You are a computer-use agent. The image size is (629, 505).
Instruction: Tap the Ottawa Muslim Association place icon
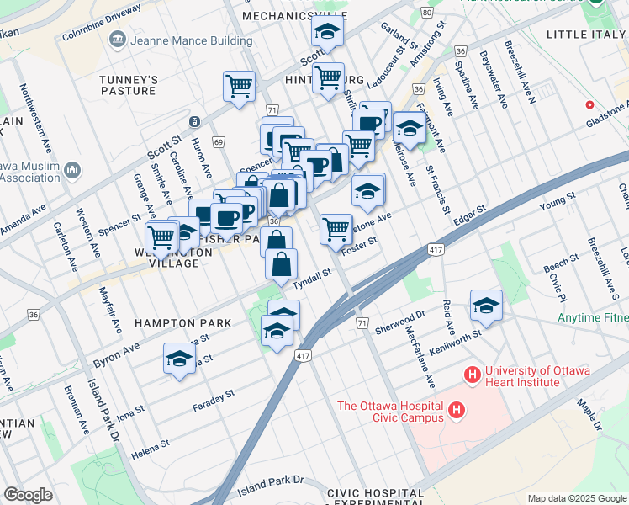tap(71, 171)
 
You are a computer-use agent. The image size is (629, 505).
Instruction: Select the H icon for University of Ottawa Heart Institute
tap(472, 373)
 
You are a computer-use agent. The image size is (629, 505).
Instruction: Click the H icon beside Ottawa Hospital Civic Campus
tap(456, 411)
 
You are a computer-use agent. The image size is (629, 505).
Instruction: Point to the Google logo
tap(28, 495)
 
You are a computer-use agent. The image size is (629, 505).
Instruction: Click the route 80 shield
tap(427, 13)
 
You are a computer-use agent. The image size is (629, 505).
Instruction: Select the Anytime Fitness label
tap(593, 318)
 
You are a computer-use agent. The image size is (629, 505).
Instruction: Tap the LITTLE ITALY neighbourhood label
tap(586, 34)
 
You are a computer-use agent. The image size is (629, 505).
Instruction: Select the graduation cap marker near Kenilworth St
tap(486, 306)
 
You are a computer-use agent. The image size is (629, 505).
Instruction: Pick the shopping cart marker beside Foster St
tap(336, 228)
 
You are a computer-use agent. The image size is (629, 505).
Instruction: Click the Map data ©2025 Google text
tap(576, 498)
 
